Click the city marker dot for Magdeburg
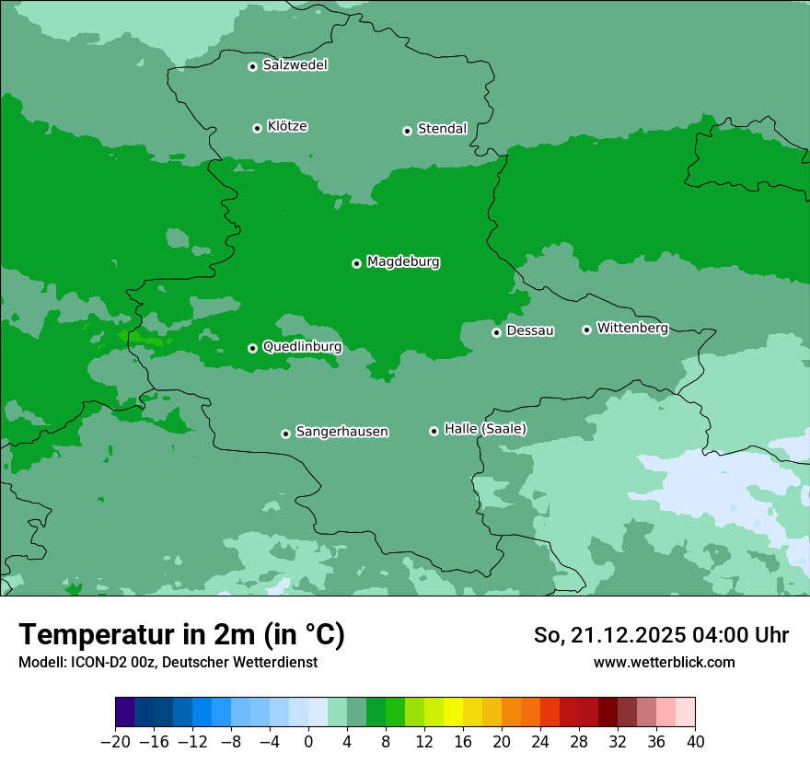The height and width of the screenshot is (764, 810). coord(356,263)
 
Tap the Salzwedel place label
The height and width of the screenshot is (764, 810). coord(295,65)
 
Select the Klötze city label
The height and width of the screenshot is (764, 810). coord(287,127)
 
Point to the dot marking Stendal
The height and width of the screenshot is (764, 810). coord(407,131)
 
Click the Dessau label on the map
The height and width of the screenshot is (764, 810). coord(530,331)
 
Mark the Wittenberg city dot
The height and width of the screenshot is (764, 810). coord(586,330)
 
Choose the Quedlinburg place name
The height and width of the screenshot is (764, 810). coord(302,347)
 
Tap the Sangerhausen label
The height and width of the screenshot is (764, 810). coord(341,432)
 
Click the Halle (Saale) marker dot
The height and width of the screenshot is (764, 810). coord(434,431)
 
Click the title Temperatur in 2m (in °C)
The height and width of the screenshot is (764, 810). coord(181,635)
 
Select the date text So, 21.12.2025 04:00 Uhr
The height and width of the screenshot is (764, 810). coord(661,636)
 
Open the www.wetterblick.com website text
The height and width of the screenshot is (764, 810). coord(664,663)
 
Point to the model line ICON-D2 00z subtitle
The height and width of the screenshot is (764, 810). coord(168,663)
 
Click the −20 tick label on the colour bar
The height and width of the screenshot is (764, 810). coord(115,742)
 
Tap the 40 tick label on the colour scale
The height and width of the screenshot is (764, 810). coord(695,742)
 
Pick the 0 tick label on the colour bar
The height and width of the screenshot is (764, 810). coord(308,742)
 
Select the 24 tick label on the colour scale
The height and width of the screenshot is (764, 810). coord(540,742)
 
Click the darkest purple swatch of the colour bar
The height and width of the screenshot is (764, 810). coord(124,712)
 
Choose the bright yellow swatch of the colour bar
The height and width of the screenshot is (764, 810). coord(453,712)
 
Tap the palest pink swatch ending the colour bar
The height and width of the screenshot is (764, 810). coord(686,712)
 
